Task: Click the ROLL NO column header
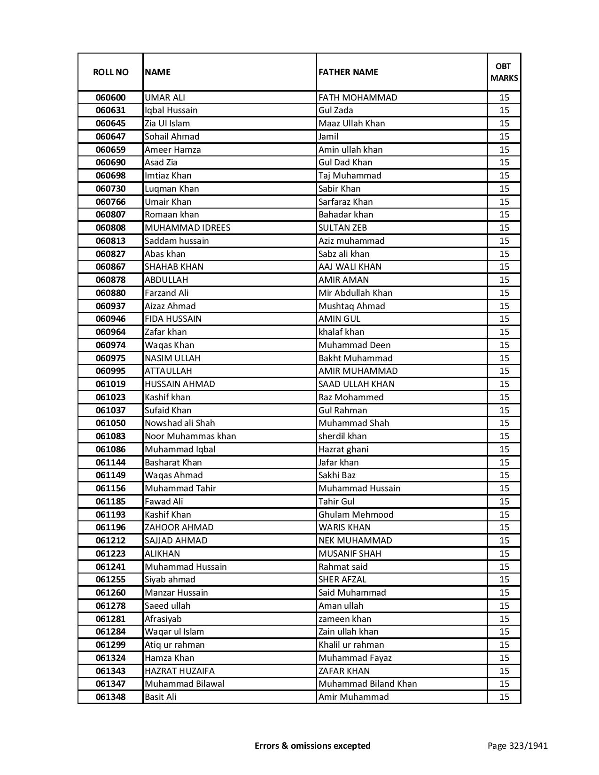[110, 72]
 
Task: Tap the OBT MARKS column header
[504, 72]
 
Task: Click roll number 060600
[110, 98]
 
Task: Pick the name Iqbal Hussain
[171, 110]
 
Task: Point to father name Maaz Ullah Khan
[351, 124]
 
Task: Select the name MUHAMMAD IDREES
[187, 228]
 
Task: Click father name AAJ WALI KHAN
[350, 267]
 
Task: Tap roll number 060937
[110, 306]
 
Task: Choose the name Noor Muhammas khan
[190, 436]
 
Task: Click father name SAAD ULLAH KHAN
[357, 384]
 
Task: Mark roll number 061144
[110, 463]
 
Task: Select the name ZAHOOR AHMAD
[179, 527]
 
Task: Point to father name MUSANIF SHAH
[350, 554]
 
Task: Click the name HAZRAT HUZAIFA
[179, 671]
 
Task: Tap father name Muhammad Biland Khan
[367, 684]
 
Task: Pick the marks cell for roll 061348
[504, 697]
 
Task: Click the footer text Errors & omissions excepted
[312, 745]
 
